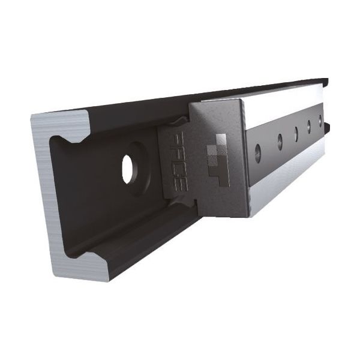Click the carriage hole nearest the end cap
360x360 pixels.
(x=258, y=152)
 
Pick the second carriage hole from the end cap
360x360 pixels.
(x=280, y=142)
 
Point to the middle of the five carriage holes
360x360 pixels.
(x=296, y=133)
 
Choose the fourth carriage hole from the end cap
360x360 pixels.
(x=310, y=127)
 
